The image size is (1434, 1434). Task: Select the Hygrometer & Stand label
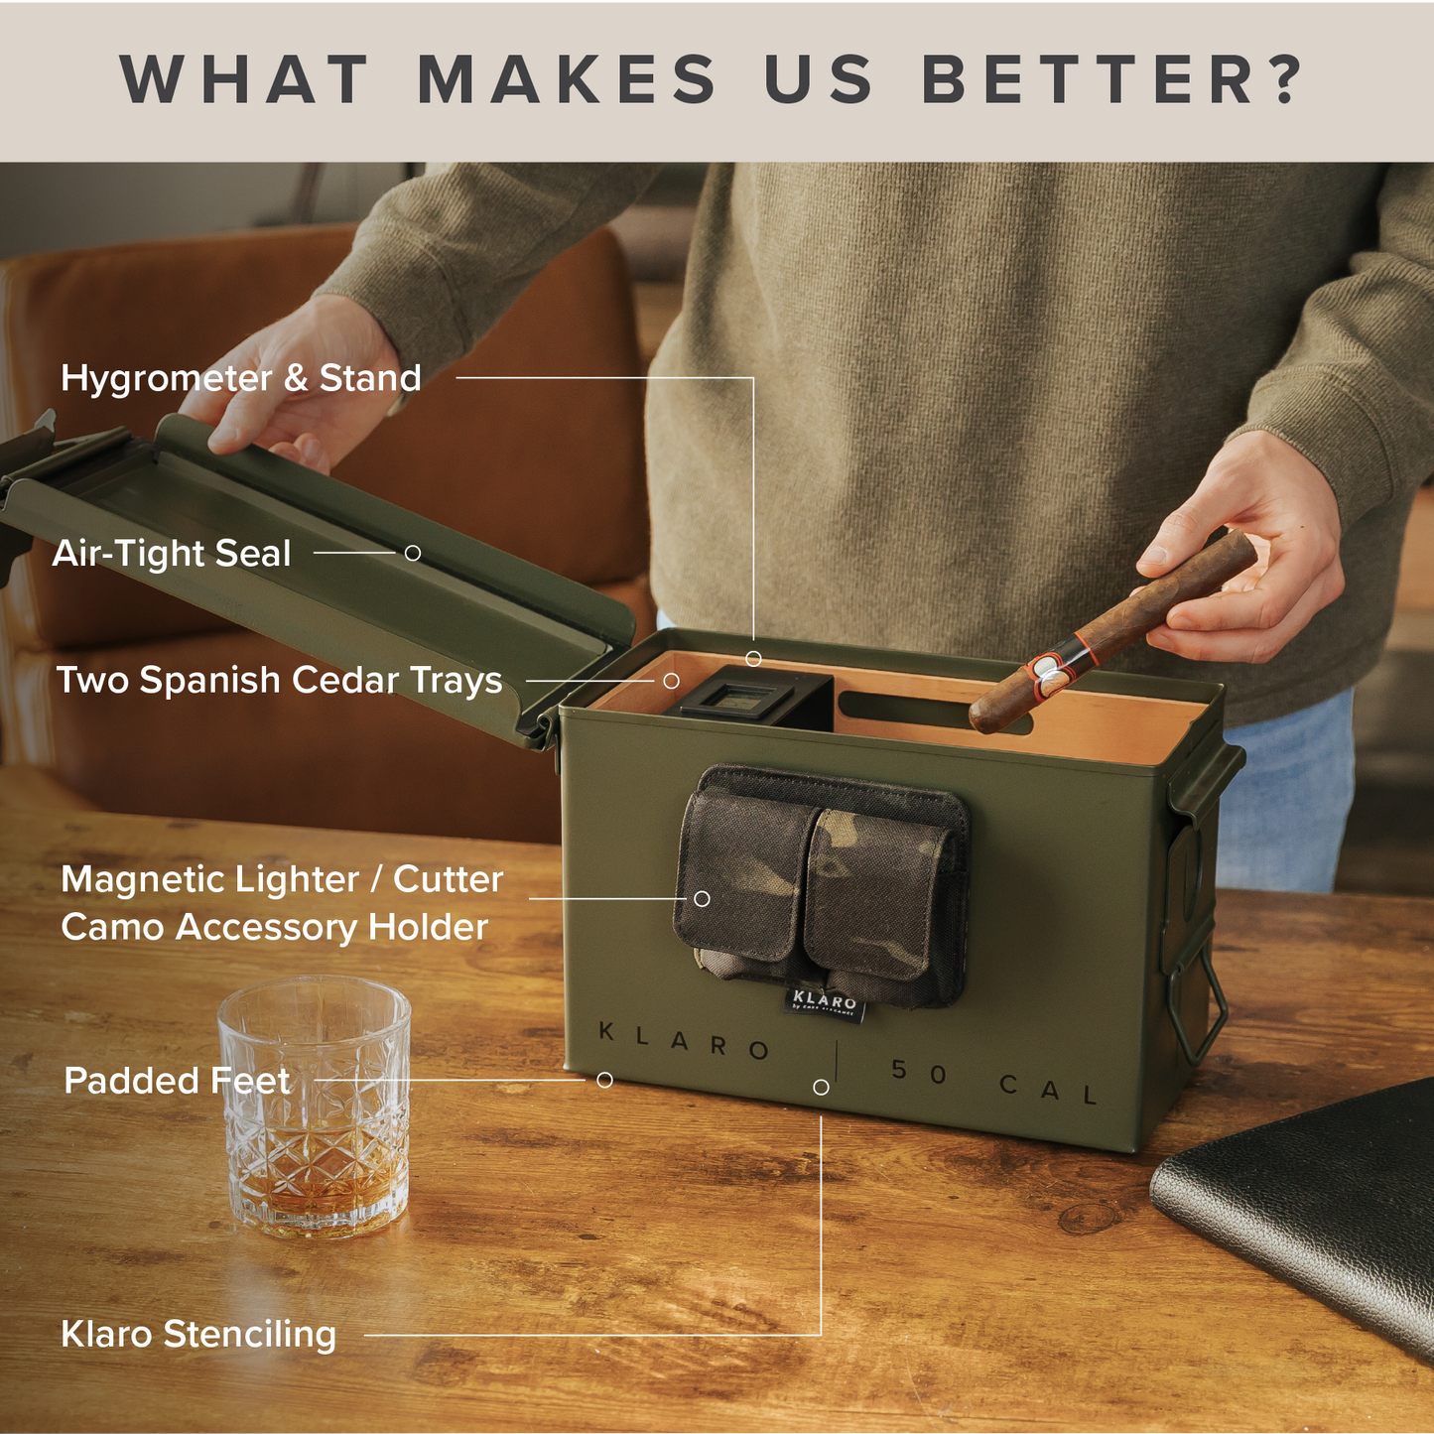(x=241, y=378)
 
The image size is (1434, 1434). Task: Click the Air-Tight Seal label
(x=172, y=554)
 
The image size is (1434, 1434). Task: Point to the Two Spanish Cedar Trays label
(x=279, y=681)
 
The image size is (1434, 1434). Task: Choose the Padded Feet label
(x=177, y=1081)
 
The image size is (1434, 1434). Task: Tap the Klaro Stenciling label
(x=198, y=1335)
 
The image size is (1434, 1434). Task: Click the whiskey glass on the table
(x=315, y=1107)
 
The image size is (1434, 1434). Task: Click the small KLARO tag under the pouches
(x=825, y=1002)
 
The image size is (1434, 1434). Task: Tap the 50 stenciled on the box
(x=919, y=1071)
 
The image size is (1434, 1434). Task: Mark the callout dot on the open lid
(x=413, y=553)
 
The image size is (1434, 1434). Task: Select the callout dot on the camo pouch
(x=702, y=898)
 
